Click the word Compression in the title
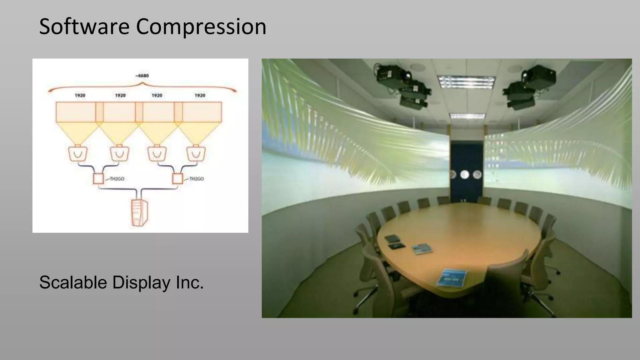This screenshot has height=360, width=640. pyautogui.click(x=201, y=27)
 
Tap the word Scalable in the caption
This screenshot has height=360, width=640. pyautogui.click(x=73, y=282)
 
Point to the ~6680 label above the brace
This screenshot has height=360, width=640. pyautogui.click(x=142, y=76)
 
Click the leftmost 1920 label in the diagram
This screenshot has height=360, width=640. pyautogui.click(x=80, y=95)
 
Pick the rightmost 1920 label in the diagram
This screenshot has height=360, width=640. pyautogui.click(x=200, y=95)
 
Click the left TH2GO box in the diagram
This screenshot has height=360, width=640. pyautogui.click(x=98, y=179)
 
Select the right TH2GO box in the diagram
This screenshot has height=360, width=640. pyautogui.click(x=177, y=179)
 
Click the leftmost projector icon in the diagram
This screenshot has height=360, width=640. pyautogui.click(x=77, y=153)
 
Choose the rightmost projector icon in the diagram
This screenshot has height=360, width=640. pyautogui.click(x=196, y=153)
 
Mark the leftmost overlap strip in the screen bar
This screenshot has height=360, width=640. pyautogui.click(x=99, y=112)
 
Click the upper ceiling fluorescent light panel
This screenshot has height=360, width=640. pyautogui.click(x=466, y=82)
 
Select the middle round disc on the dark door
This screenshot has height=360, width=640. pyautogui.click(x=465, y=174)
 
